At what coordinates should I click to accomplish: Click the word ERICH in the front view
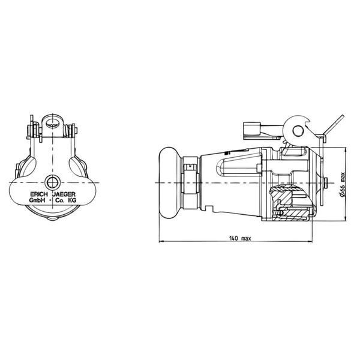39,194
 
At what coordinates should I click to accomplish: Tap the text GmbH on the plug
37,200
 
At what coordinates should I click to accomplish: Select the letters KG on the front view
73,200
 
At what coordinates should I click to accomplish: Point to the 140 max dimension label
240,238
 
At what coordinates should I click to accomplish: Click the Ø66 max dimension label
342,184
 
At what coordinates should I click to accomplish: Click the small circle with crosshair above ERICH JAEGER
52,182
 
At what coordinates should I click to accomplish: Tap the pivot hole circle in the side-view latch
298,131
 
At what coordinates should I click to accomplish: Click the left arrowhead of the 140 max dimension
160,241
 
